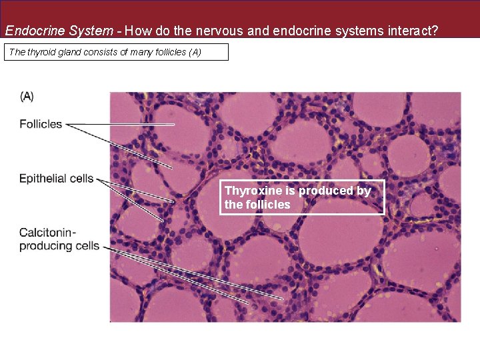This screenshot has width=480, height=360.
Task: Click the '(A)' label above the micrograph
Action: [x=27, y=97]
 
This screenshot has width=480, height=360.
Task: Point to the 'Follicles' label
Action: [x=41, y=123]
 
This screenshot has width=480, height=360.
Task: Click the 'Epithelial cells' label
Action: [x=57, y=178]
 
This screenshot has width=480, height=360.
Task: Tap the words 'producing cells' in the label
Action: [x=59, y=246]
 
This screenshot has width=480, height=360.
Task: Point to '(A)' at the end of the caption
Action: [x=195, y=52]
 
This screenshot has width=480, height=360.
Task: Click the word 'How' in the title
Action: [x=136, y=30]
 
